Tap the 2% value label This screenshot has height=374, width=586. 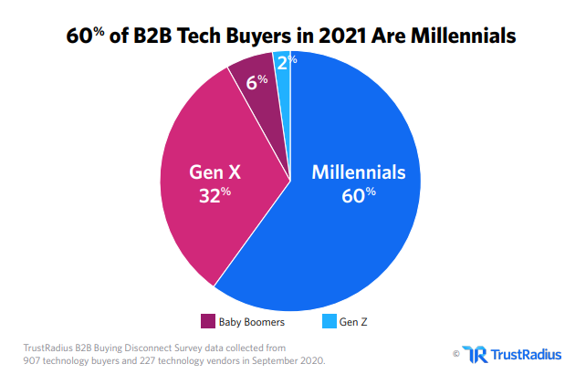[285, 61]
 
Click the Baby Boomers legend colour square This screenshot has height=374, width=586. [206, 321]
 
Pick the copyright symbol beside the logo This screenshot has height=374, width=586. [455, 353]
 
